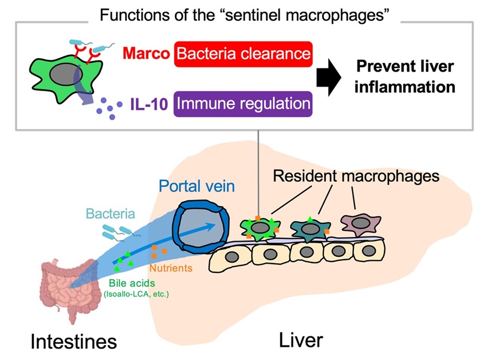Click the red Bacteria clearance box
click(243, 54)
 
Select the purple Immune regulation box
click(243, 104)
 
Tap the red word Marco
click(146, 54)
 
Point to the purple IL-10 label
click(149, 104)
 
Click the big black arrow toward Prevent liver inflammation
click(329, 77)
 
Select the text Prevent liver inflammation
click(405, 77)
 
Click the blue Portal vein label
click(197, 186)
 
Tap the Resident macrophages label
click(356, 176)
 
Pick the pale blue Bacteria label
click(111, 214)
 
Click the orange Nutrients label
click(171, 268)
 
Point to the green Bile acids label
click(132, 283)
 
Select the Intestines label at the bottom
click(74, 342)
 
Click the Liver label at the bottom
click(300, 340)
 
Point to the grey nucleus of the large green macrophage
click(66, 74)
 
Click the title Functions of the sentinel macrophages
click(244, 14)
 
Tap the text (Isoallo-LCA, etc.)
click(136, 294)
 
